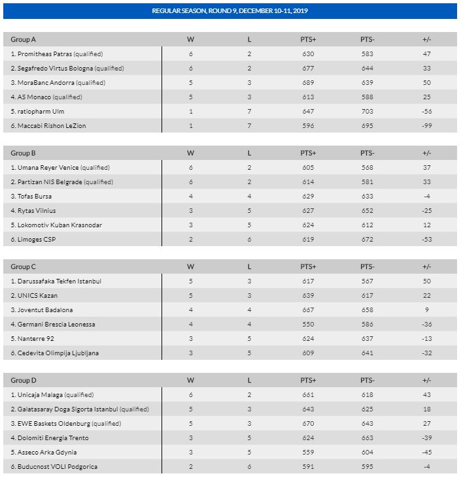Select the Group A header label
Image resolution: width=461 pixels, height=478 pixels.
pos(24,40)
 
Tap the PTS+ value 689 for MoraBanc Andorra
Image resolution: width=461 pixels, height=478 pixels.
pos(308,83)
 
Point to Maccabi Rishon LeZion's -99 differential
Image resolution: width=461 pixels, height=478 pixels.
pos(428,126)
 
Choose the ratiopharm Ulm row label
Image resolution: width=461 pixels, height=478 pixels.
pos(37,112)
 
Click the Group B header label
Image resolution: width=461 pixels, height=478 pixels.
pos(24,153)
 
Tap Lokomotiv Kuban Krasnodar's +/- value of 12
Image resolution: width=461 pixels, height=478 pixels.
pos(428,225)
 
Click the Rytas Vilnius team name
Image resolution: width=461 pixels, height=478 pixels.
pos(33,211)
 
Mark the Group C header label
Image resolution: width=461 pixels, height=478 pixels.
pos(24,267)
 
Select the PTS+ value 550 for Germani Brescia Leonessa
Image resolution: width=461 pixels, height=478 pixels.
pos(308,325)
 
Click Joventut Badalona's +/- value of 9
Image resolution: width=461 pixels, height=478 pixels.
pos(428,310)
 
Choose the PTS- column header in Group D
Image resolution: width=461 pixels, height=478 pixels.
pos(367,381)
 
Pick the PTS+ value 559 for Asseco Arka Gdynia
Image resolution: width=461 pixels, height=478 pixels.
pos(308,453)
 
